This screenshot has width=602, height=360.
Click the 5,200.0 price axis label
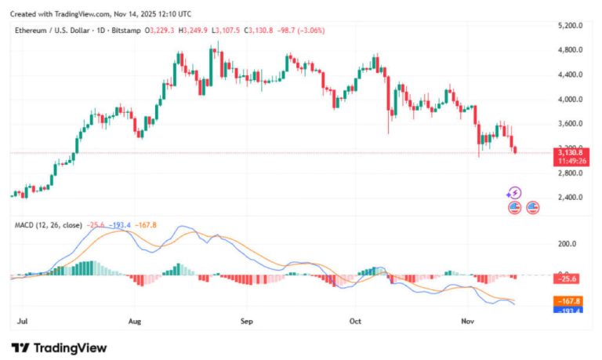[571, 26]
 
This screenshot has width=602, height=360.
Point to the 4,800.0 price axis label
[571, 50]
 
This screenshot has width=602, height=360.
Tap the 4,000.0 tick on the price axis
[571, 100]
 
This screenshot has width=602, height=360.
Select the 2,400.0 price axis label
[571, 198]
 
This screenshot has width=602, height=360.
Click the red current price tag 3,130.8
[571, 152]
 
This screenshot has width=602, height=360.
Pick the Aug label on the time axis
[134, 321]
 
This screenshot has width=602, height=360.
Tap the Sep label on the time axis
[247, 321]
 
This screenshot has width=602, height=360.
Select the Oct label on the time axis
[355, 321]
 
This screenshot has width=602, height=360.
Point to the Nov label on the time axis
[468, 321]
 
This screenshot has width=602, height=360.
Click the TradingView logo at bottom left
[59, 347]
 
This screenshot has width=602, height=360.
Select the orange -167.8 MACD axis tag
[571, 301]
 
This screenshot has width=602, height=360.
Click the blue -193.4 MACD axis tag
[571, 311]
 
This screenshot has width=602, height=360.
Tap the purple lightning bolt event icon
[514, 193]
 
